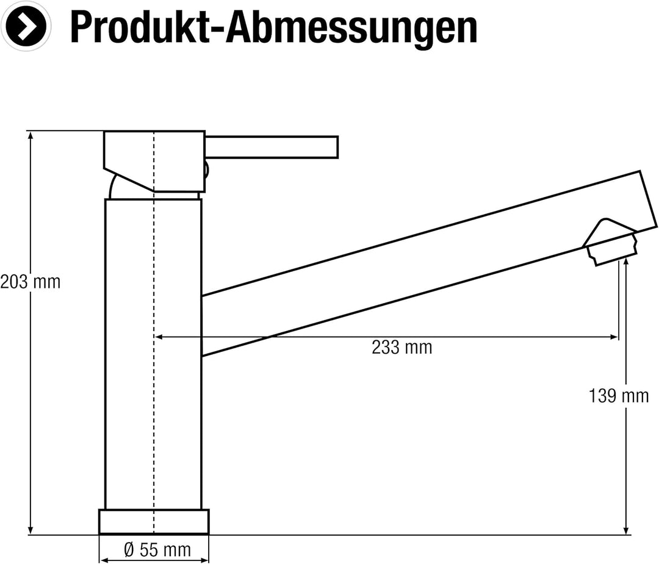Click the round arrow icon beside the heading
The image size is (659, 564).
26,26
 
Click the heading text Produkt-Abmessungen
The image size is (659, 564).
273,27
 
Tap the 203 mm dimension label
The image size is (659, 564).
31,282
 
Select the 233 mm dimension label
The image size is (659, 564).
402,348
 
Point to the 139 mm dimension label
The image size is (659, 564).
619,396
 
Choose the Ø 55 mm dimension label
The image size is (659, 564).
157,550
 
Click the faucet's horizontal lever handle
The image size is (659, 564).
271,147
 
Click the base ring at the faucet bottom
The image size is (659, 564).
154,521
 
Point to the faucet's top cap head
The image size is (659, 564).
154,160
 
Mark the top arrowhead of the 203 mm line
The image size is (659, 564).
31,135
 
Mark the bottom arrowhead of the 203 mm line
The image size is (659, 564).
31,530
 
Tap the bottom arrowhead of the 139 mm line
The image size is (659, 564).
626,530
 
